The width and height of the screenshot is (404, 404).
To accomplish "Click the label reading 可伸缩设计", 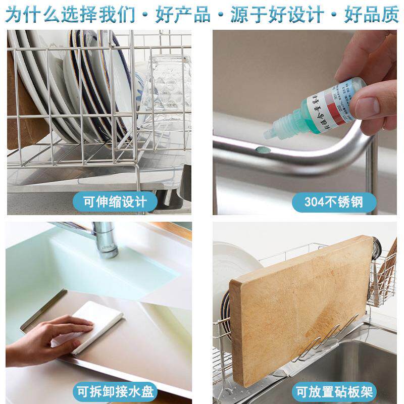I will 115,202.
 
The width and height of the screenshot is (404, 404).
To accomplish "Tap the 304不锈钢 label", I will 334,202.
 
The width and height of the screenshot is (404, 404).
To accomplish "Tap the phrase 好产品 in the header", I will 183,14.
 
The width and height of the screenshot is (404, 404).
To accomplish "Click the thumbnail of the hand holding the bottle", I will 364,86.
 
